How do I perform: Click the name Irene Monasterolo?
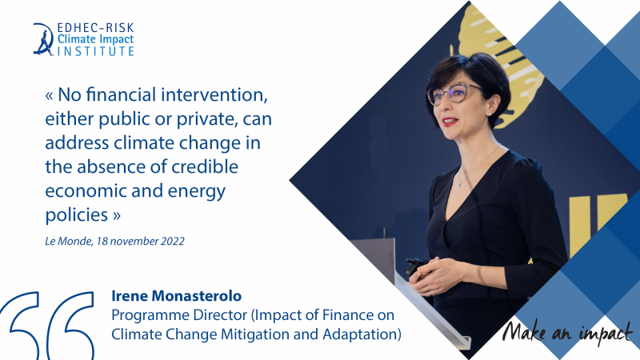176,296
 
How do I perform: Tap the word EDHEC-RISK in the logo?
95,28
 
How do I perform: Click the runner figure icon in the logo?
43,39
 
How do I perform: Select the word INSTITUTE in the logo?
95,51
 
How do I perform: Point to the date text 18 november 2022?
141,242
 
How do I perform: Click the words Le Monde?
69,242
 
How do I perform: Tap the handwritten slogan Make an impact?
567,331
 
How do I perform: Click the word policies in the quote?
77,215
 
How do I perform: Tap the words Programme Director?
179,315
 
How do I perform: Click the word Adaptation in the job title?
359,334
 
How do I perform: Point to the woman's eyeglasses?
453,94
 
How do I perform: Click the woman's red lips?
450,122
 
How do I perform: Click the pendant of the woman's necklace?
460,184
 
